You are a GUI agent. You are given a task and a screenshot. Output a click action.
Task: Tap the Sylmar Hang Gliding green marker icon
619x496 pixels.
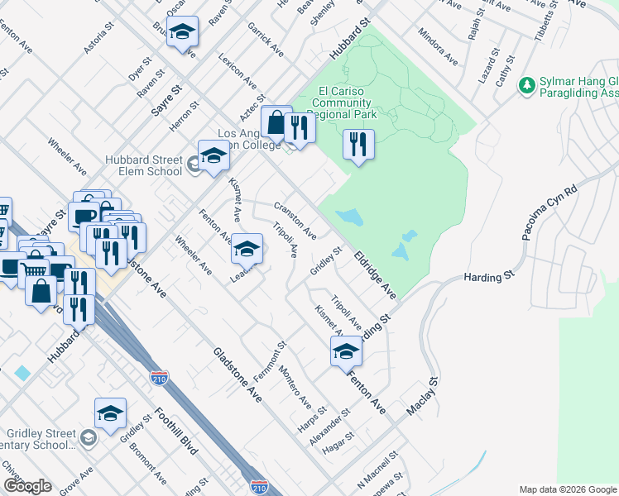coord(525,85)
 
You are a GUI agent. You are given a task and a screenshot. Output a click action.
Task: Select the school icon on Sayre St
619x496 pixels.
coord(182,34)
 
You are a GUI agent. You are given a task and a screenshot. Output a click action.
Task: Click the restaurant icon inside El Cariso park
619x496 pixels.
coord(358,146)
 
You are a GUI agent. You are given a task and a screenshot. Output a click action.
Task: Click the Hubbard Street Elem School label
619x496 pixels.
coord(143,165)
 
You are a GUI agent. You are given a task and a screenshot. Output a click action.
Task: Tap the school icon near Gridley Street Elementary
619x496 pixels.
coord(110,413)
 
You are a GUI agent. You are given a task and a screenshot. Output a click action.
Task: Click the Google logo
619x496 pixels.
coord(27,485)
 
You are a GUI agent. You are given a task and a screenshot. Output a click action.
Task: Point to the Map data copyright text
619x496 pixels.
coord(567,489)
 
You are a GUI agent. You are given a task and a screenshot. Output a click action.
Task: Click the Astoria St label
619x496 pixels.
coord(98,41)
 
